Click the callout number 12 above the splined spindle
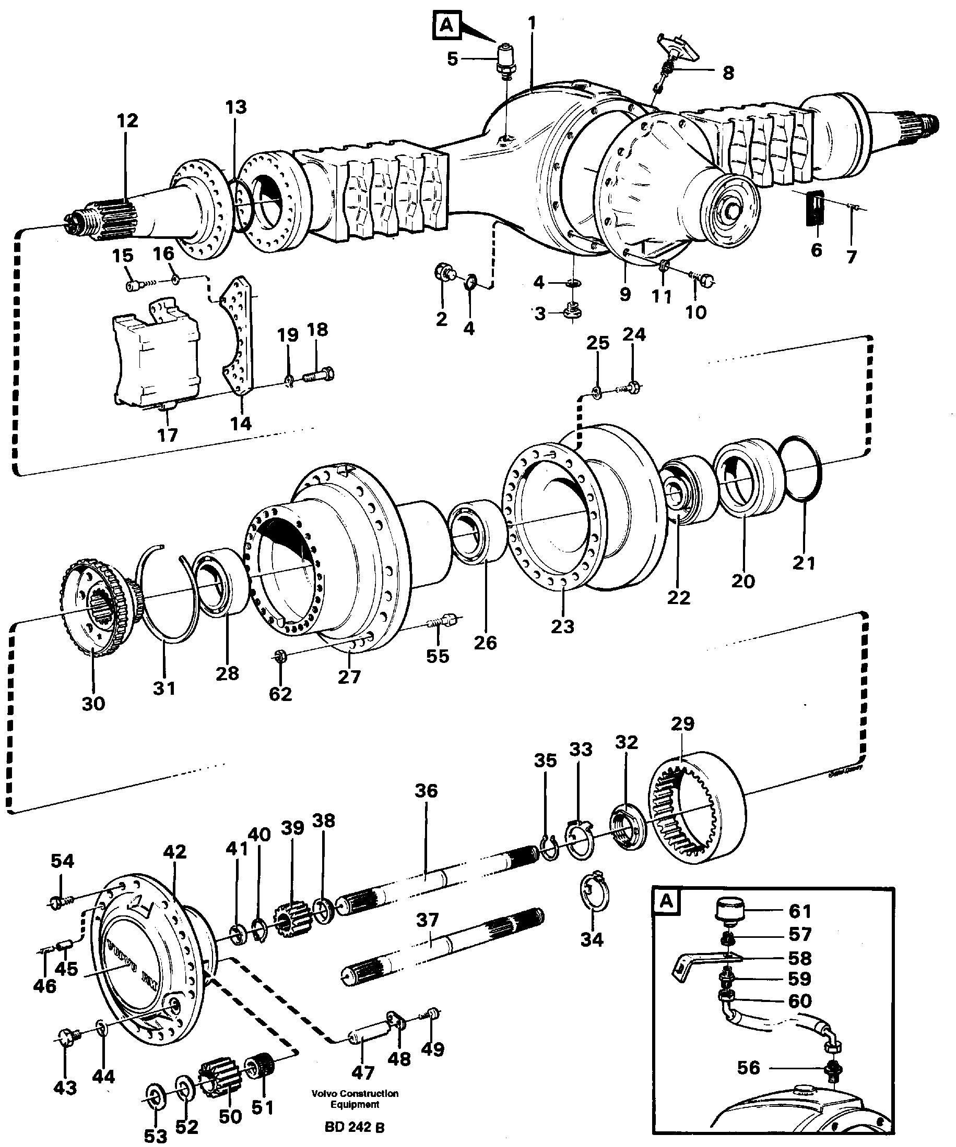(x=127, y=120)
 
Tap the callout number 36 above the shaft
(x=426, y=790)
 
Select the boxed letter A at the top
(x=447, y=26)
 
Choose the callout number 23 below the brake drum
(x=562, y=626)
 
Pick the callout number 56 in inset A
(x=748, y=1067)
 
